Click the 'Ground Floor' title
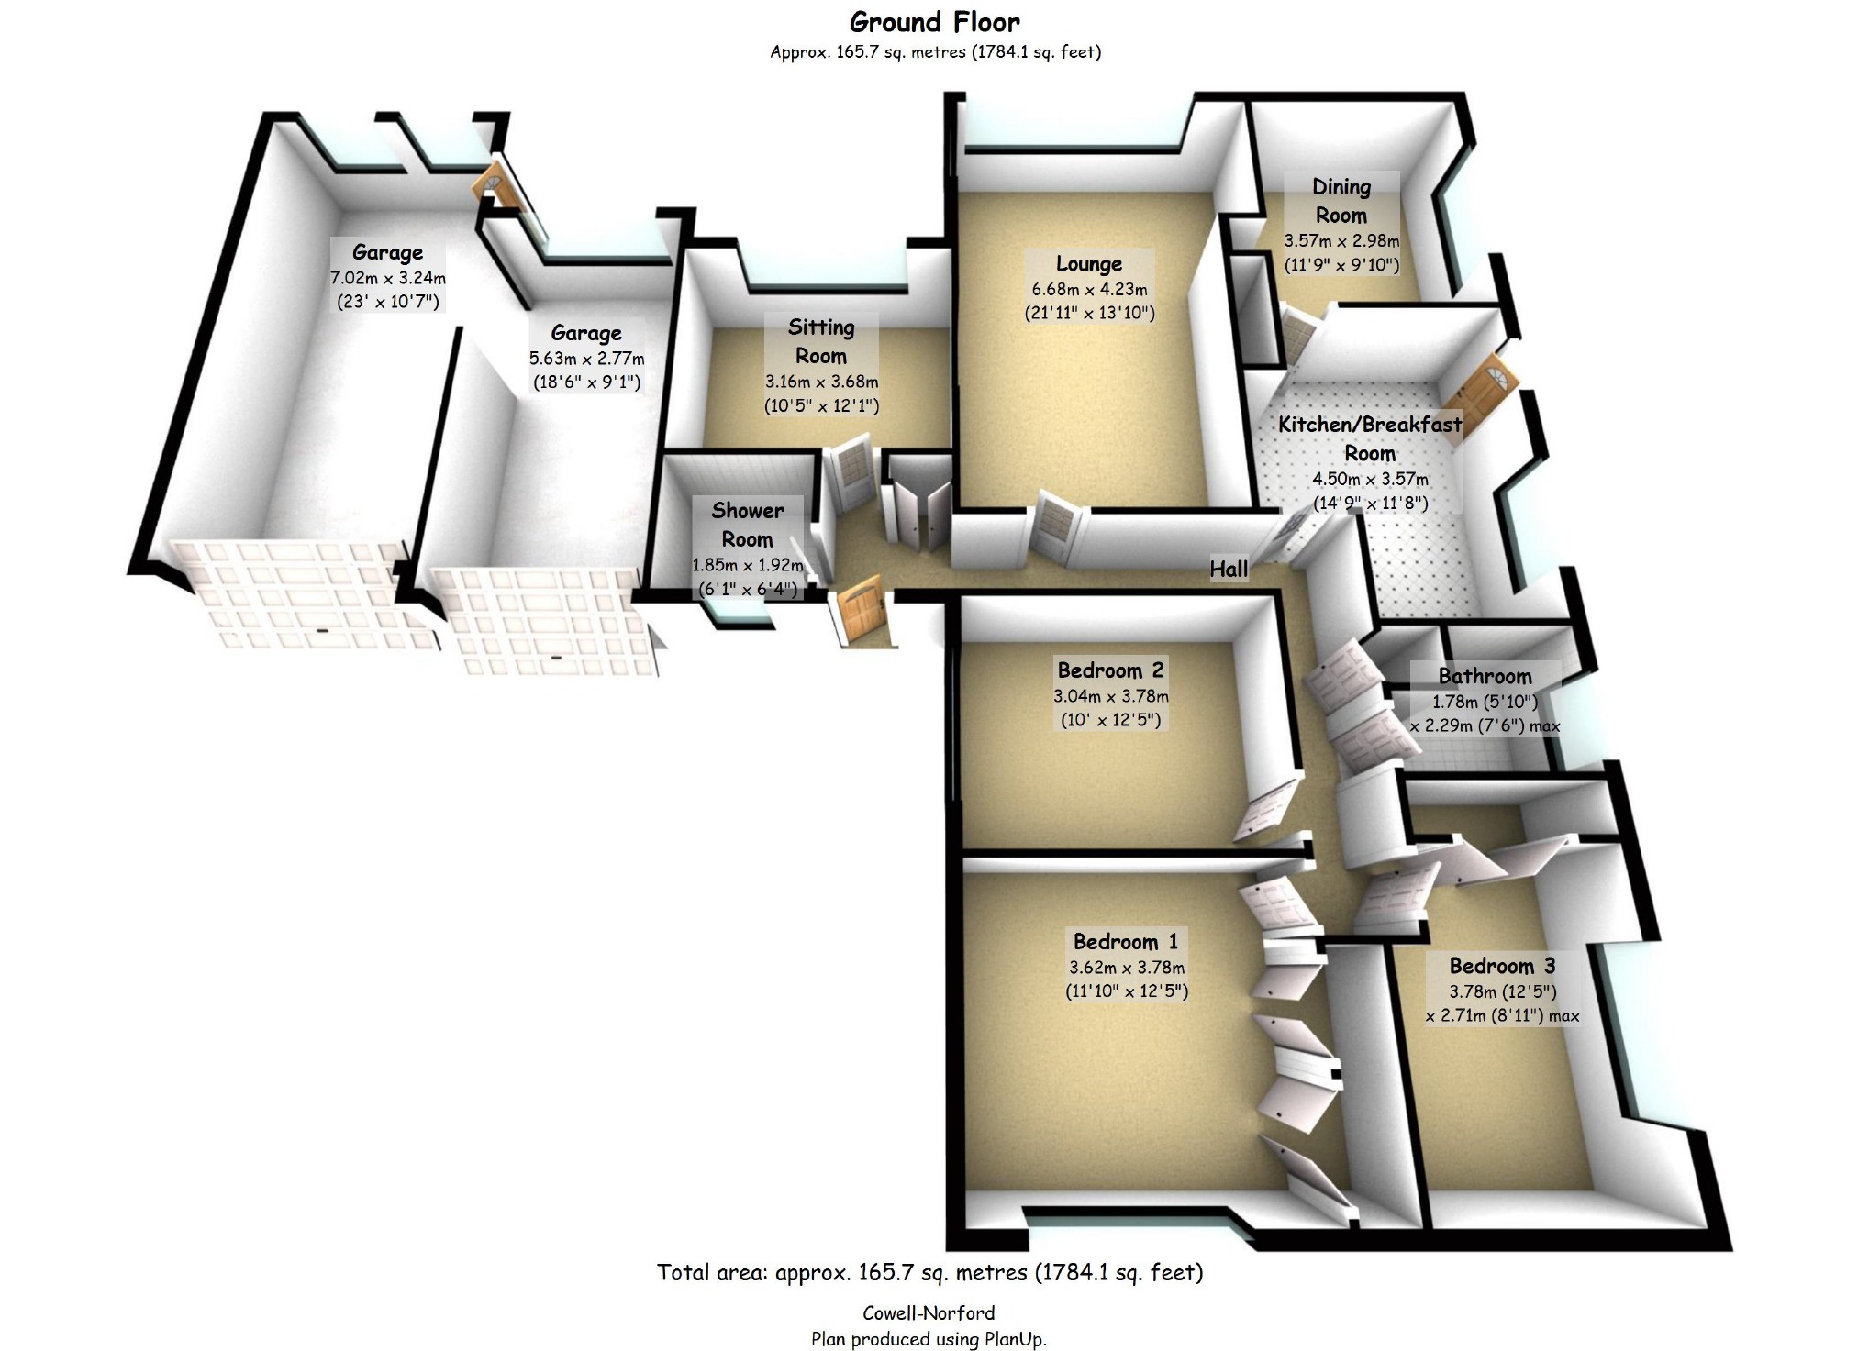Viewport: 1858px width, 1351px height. [934, 22]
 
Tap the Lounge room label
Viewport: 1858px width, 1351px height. [1089, 264]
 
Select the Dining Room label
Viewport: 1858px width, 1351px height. [1341, 201]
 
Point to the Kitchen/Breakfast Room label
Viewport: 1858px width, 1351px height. [1370, 438]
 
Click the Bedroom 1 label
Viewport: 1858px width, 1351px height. [1126, 942]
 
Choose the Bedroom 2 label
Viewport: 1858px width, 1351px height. [1111, 670]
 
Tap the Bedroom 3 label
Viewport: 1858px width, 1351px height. [1502, 966]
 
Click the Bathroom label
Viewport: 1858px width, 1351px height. [1485, 677]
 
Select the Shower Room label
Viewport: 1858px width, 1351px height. [748, 525]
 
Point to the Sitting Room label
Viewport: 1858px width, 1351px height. [821, 341]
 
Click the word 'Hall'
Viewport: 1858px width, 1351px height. [1229, 570]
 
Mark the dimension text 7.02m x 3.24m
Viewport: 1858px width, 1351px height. [388, 278]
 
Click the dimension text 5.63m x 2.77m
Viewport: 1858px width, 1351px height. [586, 359]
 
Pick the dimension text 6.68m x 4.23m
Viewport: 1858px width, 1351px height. [1089, 289]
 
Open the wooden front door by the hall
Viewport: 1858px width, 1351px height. [861, 609]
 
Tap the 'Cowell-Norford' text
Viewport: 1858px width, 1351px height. [929, 1313]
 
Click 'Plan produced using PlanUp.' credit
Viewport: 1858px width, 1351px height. [929, 1339]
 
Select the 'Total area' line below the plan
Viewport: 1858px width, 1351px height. [929, 1273]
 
